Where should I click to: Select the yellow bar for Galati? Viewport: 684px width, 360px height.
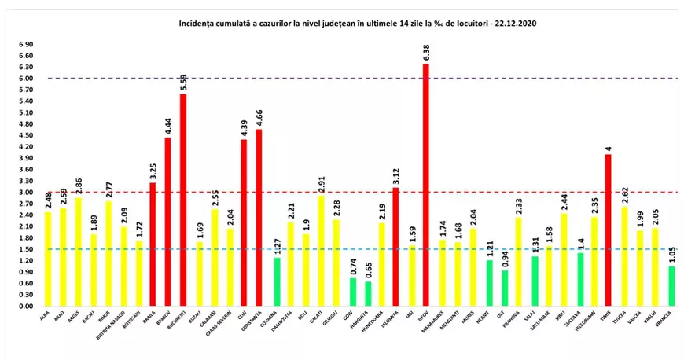(319, 251)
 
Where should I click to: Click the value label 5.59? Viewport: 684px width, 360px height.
(183, 82)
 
